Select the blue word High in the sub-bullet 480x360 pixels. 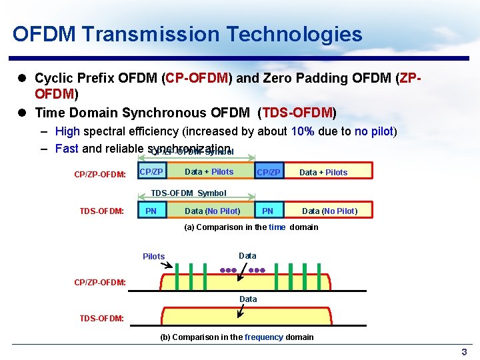tap(67, 131)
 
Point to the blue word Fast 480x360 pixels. tap(67, 149)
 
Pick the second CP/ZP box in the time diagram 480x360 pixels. tap(269, 172)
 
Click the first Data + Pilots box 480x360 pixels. tap(209, 172)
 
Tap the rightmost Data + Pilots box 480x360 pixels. tap(323, 172)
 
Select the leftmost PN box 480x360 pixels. tap(151, 211)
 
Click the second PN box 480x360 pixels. tap(267, 211)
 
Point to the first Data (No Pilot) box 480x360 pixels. tap(212, 211)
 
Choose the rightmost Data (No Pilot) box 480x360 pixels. tap(329, 211)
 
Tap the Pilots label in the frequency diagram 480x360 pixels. tap(153, 257)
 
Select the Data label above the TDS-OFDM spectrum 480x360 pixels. tap(248, 299)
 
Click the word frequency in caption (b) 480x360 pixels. tap(264, 337)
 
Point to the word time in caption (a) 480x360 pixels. tap(277, 227)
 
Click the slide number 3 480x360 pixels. tap(464, 351)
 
